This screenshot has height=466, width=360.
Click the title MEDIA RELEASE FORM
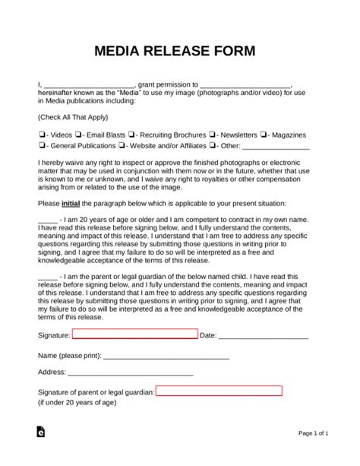[179, 52]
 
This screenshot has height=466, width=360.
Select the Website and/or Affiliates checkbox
[123, 145]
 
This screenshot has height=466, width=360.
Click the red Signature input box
[134, 334]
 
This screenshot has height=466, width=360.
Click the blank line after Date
[264, 335]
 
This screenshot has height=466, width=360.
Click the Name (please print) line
[166, 356]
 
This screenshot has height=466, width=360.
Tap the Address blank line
[130, 374]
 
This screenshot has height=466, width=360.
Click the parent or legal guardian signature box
[219, 391]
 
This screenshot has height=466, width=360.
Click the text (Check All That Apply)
[72, 117]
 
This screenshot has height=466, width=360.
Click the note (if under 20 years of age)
[76, 402]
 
